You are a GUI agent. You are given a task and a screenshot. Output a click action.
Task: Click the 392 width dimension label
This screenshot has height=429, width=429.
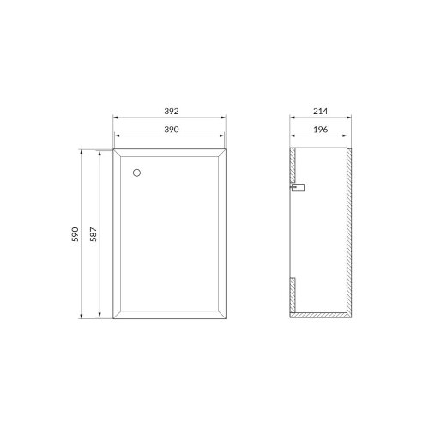pyautogui.click(x=172, y=112)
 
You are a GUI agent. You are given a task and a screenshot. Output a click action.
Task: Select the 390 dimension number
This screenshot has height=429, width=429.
pyautogui.click(x=172, y=130)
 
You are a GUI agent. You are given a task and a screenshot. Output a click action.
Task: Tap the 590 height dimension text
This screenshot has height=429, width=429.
pyautogui.click(x=76, y=234)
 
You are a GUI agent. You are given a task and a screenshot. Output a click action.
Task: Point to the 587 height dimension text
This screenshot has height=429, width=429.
pyautogui.click(x=94, y=234)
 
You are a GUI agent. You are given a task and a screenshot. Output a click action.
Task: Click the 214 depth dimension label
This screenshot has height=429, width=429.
pyautogui.click(x=320, y=112)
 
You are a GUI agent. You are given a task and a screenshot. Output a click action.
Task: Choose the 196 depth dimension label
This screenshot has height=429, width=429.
pyautogui.click(x=321, y=130)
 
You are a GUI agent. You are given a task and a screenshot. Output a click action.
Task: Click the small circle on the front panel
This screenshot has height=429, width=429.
pyautogui.click(x=136, y=172)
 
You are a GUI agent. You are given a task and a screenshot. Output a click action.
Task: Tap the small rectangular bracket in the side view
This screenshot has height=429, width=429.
pyautogui.click(x=298, y=188)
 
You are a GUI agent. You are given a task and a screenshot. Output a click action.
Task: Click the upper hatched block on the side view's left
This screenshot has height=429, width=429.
pyautogui.click(x=293, y=165)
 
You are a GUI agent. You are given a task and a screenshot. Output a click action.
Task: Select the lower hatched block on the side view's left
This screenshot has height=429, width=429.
pyautogui.click(x=293, y=295)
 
